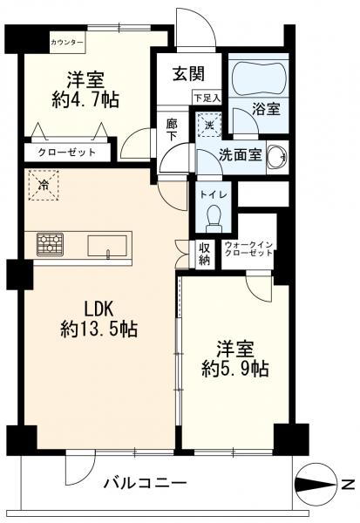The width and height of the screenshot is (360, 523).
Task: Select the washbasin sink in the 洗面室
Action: click(x=277, y=156)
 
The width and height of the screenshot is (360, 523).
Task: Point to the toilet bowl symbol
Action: click(x=214, y=218)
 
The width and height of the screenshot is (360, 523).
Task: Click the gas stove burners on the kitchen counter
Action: click(x=50, y=244)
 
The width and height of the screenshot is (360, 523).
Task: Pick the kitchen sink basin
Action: click(x=107, y=246)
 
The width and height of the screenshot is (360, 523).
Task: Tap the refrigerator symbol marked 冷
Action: click(x=44, y=185)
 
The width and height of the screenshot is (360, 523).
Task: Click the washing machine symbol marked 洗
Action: click(x=209, y=125)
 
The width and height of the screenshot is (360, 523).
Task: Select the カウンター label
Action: click(x=67, y=43)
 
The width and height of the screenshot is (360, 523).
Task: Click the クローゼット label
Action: click(x=67, y=153)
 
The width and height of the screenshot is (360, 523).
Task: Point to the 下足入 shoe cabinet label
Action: click(x=207, y=98)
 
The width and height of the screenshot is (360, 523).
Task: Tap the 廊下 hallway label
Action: click(x=173, y=130)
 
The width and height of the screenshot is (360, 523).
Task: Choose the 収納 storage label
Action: click(x=205, y=254)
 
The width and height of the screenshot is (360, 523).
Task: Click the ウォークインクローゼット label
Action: click(x=248, y=248)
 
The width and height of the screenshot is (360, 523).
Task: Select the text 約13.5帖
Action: click(x=98, y=329)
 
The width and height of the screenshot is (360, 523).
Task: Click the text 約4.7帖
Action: click(x=85, y=99)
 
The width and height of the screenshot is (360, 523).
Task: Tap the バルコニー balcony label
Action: click(x=145, y=483)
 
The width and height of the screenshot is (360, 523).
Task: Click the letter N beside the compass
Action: click(x=349, y=485)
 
